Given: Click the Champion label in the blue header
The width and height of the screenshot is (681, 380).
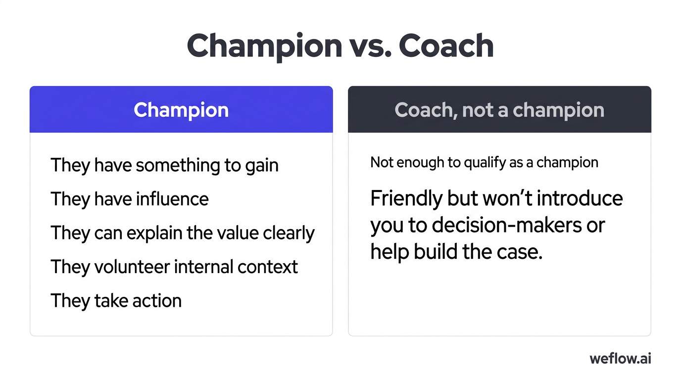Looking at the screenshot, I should [x=181, y=110].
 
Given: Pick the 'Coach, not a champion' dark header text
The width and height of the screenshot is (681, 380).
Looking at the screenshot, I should [x=499, y=110].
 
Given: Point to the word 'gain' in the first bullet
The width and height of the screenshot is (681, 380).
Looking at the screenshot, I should [x=262, y=166].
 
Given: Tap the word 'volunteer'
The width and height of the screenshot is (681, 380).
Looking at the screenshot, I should [x=129, y=267].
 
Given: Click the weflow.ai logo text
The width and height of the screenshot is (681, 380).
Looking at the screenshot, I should [x=620, y=359].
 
